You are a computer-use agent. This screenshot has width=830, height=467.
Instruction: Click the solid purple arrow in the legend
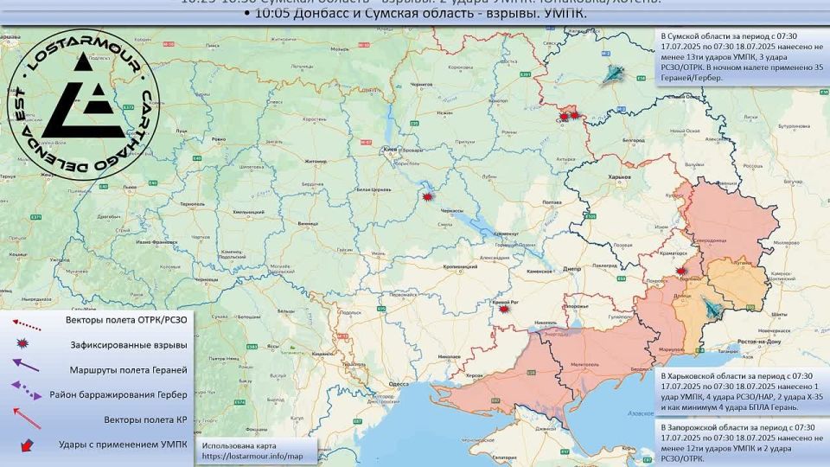(x=26, y=367)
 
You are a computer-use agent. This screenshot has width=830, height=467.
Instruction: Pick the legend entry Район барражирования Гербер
(x=128, y=394)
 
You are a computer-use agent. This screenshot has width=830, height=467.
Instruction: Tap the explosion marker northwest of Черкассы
(x=427, y=197)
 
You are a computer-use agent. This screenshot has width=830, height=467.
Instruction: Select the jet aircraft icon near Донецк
(x=711, y=307)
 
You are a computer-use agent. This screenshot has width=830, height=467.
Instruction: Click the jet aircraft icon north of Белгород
(x=617, y=74)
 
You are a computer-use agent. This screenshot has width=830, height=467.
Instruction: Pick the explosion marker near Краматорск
(x=682, y=271)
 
